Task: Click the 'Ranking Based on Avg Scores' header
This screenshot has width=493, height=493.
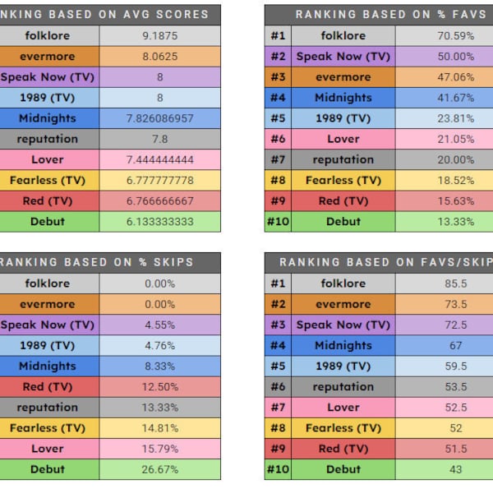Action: tap(110, 14)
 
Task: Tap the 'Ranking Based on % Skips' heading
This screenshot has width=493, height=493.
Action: tap(110, 262)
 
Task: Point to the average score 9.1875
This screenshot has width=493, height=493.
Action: tap(159, 35)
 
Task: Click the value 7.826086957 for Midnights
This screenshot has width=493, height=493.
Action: tap(159, 118)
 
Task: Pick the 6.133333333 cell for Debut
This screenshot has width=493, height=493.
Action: tap(159, 222)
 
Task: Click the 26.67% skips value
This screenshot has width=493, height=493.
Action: tap(159, 470)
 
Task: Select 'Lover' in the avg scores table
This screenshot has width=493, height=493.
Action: tap(48, 159)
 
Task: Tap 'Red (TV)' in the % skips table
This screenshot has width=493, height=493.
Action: tap(48, 387)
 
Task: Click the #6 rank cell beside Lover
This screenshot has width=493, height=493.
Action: tap(278, 139)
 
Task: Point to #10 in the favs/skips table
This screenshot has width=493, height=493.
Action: tap(278, 470)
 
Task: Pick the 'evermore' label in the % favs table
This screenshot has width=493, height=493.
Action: tap(343, 77)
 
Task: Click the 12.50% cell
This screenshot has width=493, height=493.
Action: tap(159, 387)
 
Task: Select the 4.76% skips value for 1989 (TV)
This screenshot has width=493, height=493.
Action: tap(159, 346)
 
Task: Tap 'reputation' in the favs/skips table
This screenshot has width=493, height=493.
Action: tap(343, 387)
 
